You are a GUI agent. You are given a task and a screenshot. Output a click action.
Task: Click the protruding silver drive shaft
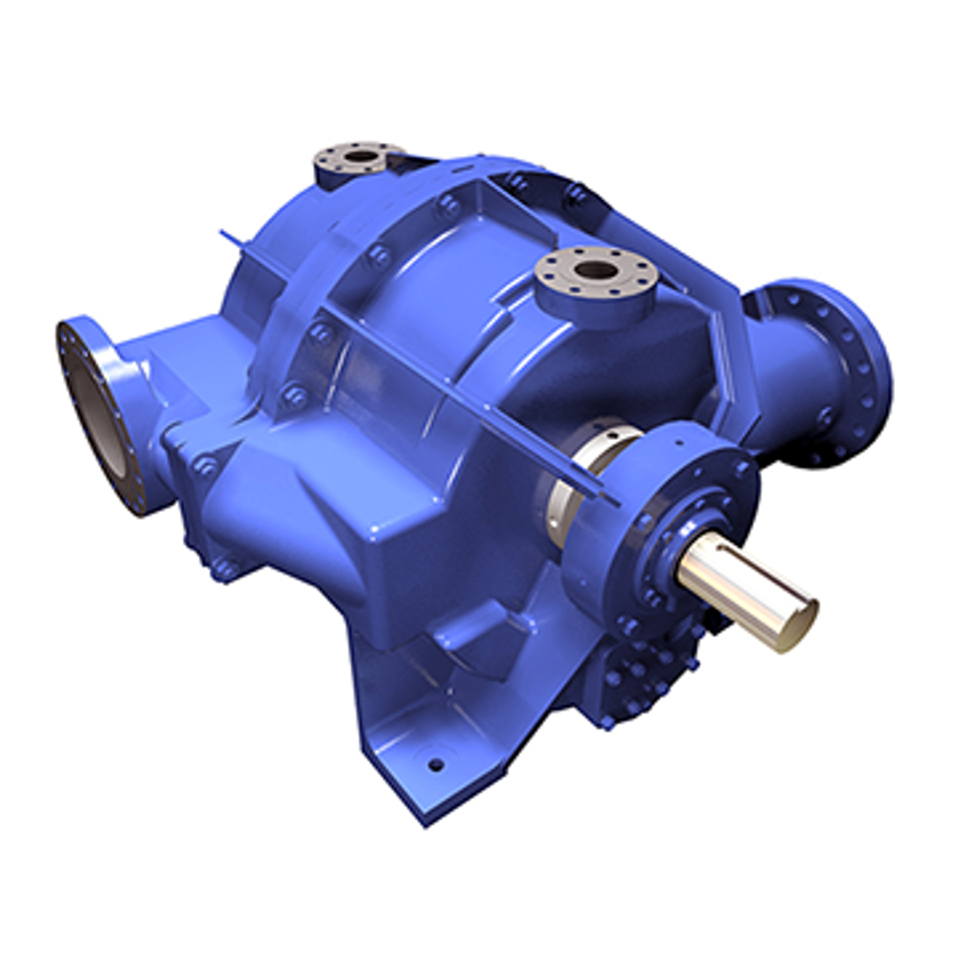click(x=738, y=584)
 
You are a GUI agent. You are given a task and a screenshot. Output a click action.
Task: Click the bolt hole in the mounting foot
click(x=436, y=764)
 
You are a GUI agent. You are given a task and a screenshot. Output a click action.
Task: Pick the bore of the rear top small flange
click(x=360, y=155)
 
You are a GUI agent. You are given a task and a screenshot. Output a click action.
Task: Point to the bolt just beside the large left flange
click(x=204, y=467)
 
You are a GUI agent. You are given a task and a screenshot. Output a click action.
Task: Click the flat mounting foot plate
click(x=422, y=766)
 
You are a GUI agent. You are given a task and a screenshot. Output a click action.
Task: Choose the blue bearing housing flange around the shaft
click(x=671, y=498)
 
